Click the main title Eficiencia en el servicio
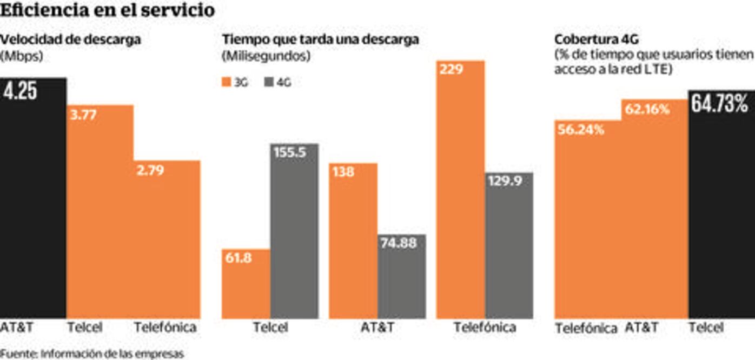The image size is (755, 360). click(x=108, y=11)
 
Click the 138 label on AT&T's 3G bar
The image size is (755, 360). click(x=344, y=172)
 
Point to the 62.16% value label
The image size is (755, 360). click(x=647, y=109)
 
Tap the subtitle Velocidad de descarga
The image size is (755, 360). click(x=71, y=39)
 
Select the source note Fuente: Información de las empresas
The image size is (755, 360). click(x=92, y=354)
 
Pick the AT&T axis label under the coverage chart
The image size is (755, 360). click(x=641, y=328)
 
